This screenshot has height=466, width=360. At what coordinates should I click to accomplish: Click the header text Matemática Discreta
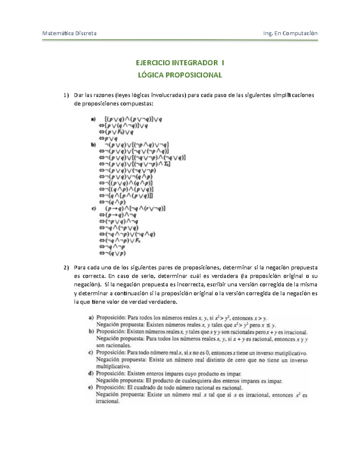coord(69,33)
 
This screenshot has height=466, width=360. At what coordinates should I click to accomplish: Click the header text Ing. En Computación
coord(290,33)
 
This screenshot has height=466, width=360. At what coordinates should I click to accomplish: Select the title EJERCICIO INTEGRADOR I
coord(180,63)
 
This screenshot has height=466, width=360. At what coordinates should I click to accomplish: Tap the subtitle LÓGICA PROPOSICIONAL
coord(180,75)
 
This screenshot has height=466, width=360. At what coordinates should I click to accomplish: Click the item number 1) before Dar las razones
coord(66,95)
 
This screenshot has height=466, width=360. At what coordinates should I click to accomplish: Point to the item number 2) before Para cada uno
coord(66,267)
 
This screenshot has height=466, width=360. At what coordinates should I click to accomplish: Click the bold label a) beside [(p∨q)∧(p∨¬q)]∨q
coord(93,119)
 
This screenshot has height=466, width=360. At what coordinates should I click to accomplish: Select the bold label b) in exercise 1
coord(93,145)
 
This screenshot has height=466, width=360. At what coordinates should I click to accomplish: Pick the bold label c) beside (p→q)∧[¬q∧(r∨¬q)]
coord(93,208)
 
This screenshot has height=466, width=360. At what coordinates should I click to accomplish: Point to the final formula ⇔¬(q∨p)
coord(112,253)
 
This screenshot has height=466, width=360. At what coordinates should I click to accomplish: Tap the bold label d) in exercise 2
coord(91,374)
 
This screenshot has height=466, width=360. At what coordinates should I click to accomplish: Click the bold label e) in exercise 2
coord(91,387)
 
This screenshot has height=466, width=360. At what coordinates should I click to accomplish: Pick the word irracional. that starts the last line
coord(108,401)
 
